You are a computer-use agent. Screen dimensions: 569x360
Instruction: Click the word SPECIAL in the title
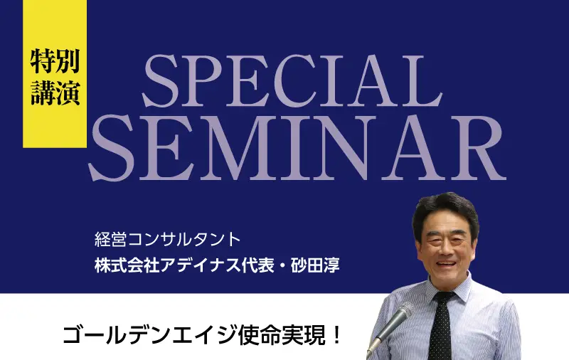tap(292, 81)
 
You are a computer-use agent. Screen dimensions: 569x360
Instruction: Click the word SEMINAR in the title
tap(297, 148)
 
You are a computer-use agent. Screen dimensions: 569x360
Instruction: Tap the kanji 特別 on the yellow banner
tap(55, 61)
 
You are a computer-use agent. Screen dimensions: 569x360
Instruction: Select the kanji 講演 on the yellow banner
tap(55, 92)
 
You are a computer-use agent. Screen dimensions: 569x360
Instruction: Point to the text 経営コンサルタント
tap(167, 240)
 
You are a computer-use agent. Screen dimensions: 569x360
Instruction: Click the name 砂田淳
tap(315, 265)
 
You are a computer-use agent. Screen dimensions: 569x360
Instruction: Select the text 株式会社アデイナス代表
tap(184, 265)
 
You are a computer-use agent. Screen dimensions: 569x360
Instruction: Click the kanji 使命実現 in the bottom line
tap(281, 335)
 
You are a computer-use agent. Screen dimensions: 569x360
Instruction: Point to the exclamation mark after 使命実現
tap(336, 335)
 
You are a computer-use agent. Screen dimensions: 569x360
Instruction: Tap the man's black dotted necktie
tap(440, 327)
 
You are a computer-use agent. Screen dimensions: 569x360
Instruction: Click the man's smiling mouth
tap(446, 263)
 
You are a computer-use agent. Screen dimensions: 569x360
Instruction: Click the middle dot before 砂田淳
tap(282, 266)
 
